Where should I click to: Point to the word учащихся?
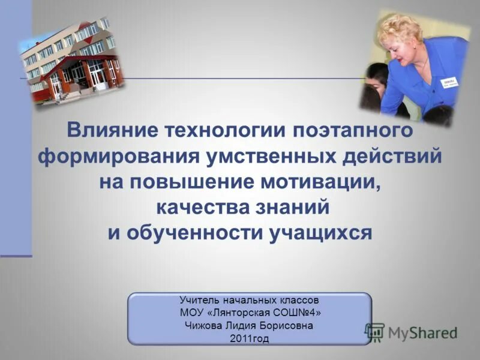click(322, 233)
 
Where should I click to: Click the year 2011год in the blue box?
click(250, 338)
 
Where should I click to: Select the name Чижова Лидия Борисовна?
click(250, 325)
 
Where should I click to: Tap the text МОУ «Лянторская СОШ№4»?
click(250, 312)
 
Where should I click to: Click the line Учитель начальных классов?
click(250, 299)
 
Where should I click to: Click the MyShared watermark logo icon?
click(375, 332)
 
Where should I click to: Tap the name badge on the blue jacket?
click(449, 82)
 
